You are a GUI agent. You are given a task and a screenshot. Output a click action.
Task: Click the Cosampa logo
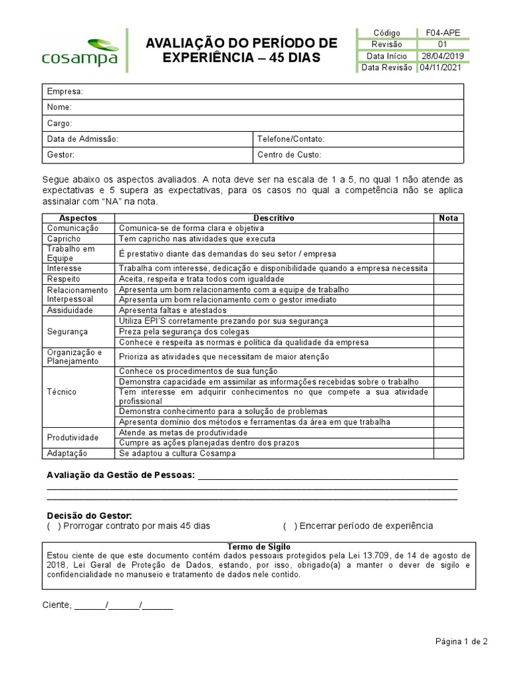click(80, 51)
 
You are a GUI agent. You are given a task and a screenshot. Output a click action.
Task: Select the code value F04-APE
click(443, 33)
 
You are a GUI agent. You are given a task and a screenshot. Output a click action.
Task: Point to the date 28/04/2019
click(443, 56)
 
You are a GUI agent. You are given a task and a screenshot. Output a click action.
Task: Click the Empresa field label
click(65, 91)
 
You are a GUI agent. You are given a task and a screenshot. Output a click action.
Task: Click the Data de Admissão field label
click(82, 139)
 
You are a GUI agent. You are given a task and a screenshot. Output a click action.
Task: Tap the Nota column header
click(448, 218)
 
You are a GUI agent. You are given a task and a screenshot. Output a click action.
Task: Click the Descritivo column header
click(273, 218)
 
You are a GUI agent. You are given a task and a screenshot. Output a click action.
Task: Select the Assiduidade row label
click(70, 310)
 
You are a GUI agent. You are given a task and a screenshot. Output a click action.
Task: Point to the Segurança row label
click(67, 332)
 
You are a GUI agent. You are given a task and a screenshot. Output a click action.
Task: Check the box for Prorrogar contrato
click(53, 526)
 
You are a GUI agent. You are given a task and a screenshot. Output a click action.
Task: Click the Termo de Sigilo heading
click(258, 547)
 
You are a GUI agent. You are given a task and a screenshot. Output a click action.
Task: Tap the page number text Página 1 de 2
click(461, 641)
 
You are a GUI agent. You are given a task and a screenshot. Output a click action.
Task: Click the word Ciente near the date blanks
click(56, 605)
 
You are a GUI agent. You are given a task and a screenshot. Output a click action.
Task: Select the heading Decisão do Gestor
click(90, 515)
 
